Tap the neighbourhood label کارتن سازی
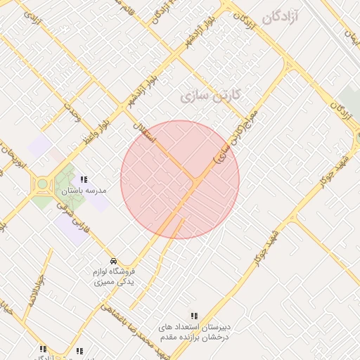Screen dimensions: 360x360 point(211,94)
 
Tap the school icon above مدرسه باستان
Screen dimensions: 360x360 point(84,179)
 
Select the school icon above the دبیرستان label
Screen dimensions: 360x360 point(194,316)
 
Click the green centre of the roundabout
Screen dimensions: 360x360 point(42,184)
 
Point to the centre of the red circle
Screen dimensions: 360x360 point(180,180)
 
